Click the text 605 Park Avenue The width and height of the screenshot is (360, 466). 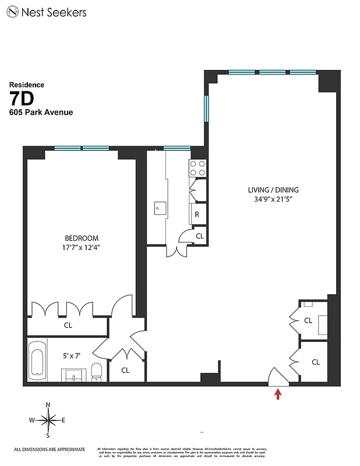pos(41,112)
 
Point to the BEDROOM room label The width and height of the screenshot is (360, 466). pos(81,238)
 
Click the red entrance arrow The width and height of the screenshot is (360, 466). pos(278,395)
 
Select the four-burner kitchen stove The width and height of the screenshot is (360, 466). pos(197,168)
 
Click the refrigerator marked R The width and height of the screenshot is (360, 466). pos(197,214)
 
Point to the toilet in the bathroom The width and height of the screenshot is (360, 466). pos(97,370)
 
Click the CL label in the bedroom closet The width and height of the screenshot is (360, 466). pos(68,326)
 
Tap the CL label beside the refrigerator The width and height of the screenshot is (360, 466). pos(199,236)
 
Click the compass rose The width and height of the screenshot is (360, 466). pos(48,420)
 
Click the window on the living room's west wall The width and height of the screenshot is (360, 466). pos(206,109)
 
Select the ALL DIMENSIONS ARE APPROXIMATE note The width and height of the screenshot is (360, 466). pos(50,449)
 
